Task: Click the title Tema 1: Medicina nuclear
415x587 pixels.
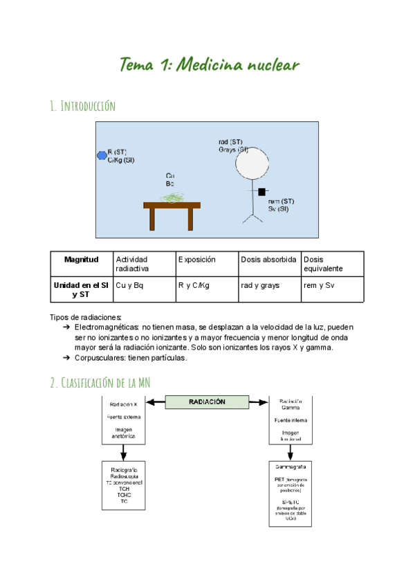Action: (209, 66)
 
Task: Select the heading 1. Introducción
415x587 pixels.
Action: (82, 106)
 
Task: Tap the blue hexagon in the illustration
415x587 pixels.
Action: (102, 155)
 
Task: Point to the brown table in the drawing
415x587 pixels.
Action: (172, 206)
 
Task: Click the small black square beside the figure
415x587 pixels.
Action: (262, 190)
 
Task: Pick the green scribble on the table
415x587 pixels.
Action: (173, 198)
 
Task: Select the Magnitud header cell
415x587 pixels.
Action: (82, 260)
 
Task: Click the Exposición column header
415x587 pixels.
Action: (197, 260)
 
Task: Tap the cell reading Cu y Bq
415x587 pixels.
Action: (130, 285)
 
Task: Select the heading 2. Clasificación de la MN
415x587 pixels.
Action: (100, 383)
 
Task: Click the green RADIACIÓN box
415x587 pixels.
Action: (206, 401)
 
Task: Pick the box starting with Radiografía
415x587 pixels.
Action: (124, 485)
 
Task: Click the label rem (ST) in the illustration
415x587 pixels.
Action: (281, 201)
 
